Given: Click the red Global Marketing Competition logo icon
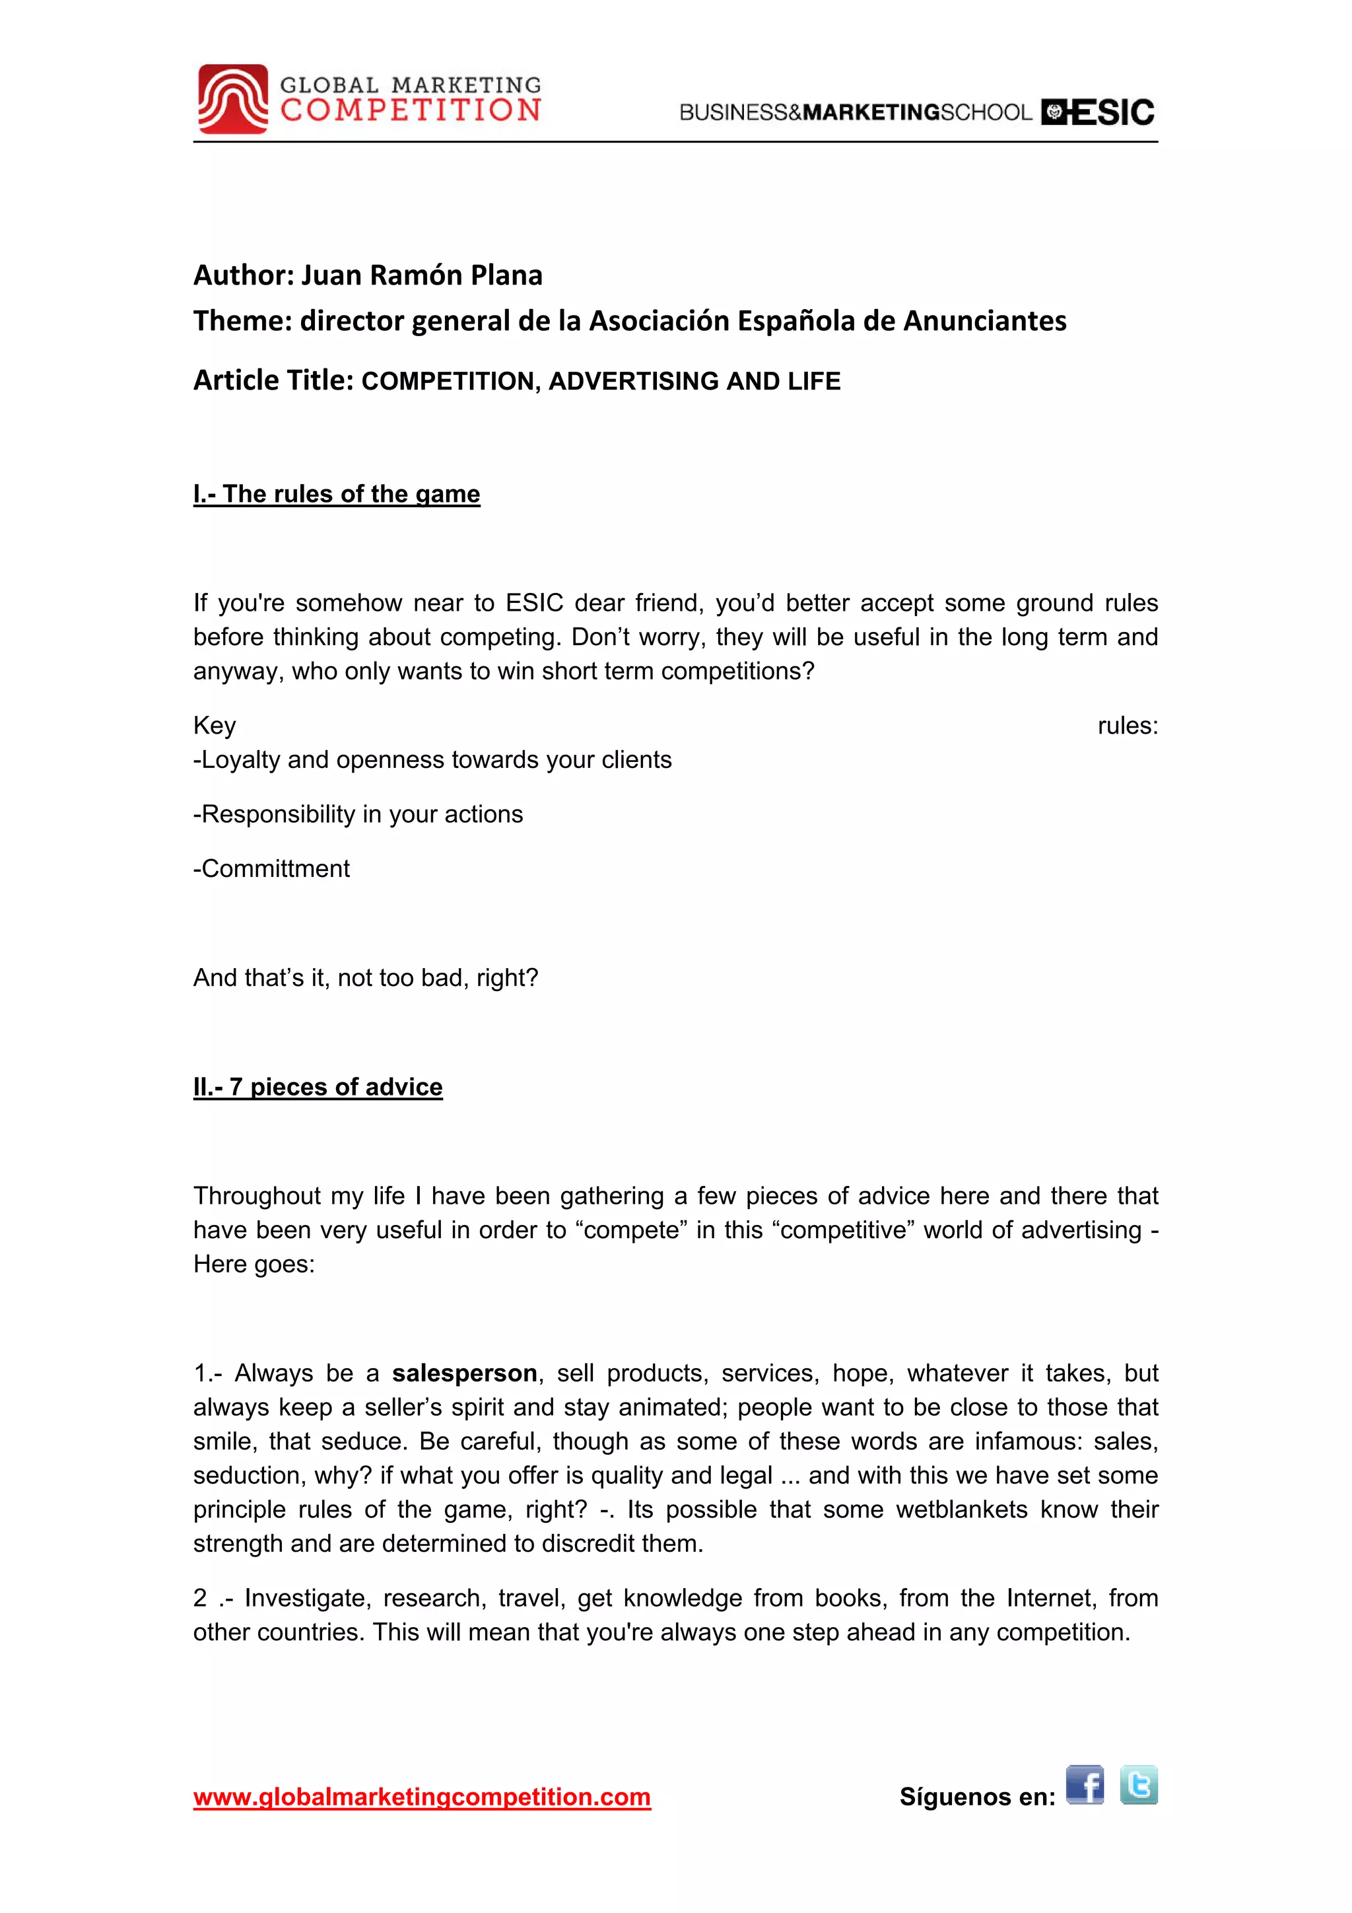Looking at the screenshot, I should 232,98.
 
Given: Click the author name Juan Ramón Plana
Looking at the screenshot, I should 422,274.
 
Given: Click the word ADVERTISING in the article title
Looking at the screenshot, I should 636,381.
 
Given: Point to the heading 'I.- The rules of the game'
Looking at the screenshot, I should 337,493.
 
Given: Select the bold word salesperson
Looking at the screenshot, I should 464,1372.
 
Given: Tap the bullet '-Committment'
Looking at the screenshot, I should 271,868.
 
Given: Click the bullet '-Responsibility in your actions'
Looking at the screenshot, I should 358,814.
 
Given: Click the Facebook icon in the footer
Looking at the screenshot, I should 1084,1785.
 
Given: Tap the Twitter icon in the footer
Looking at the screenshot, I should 1138,1785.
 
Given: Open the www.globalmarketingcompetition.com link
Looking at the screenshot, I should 422,1797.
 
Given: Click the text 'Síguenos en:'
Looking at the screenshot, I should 976,1797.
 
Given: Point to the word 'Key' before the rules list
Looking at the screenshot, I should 214,725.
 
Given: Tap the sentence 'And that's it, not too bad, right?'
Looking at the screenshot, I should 366,977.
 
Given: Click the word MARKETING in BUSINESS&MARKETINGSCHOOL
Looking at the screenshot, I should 871,112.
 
